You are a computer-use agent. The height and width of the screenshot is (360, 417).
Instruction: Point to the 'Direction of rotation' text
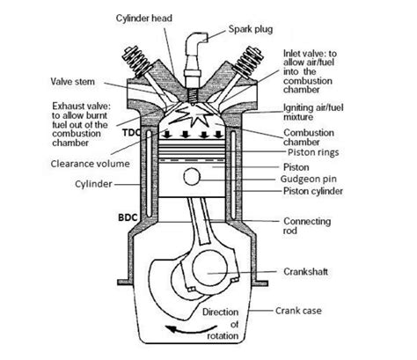(223, 323)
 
